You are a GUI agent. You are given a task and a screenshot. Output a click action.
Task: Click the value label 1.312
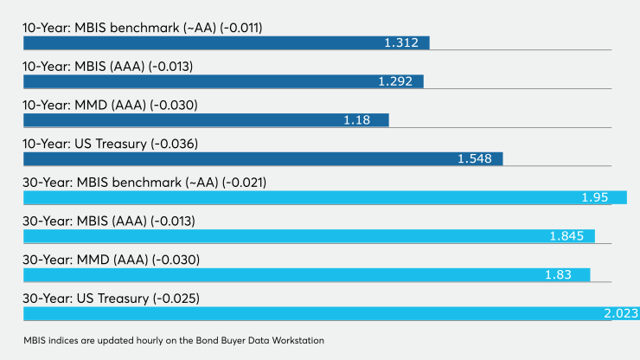point(401,42)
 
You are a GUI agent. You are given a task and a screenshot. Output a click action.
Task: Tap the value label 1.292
point(395,81)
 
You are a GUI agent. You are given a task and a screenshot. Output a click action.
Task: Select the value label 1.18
point(356,120)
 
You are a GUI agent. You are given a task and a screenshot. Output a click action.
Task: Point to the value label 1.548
point(474,158)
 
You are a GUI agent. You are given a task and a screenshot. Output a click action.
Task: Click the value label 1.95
point(595,197)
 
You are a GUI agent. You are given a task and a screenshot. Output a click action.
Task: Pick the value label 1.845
point(566,236)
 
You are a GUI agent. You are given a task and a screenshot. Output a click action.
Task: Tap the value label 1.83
point(558,274)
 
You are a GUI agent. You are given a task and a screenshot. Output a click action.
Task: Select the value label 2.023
point(621,313)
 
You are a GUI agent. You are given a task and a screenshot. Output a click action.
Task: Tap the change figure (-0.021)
point(244,183)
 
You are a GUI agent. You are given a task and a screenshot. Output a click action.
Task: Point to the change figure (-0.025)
point(176,299)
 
